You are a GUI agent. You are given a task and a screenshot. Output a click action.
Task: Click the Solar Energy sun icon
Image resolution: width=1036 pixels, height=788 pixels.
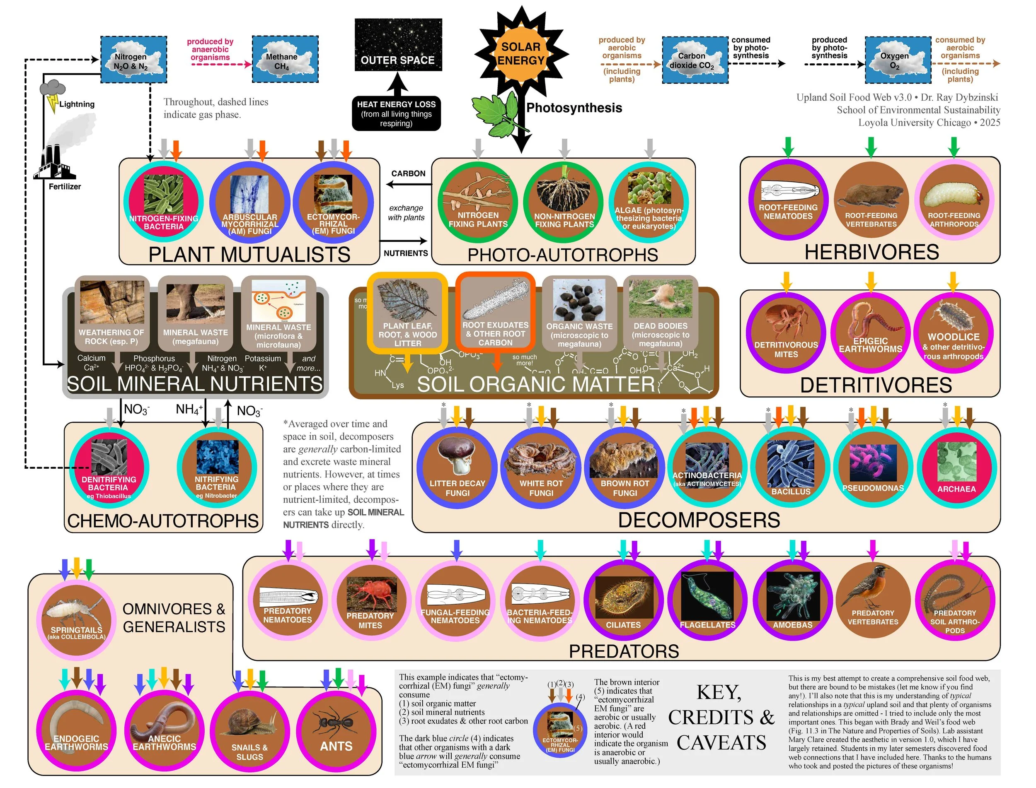coord(520,54)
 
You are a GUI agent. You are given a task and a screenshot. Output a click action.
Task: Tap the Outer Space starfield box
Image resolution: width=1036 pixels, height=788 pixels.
coord(398,45)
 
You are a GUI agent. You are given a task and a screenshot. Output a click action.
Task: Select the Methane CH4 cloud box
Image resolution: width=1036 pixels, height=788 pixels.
coord(285,60)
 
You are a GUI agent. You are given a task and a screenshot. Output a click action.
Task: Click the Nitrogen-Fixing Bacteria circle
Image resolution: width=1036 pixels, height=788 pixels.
coord(163,201)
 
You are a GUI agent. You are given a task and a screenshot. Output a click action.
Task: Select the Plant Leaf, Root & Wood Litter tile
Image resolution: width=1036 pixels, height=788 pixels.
coord(407,312)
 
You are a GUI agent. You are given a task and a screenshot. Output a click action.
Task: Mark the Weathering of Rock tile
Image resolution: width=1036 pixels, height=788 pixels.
coord(112,312)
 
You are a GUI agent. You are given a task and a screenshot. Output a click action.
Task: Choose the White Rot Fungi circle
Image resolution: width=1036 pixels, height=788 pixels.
coord(541,468)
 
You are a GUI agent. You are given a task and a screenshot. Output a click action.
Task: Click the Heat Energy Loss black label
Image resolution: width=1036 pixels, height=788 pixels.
coord(396,113)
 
